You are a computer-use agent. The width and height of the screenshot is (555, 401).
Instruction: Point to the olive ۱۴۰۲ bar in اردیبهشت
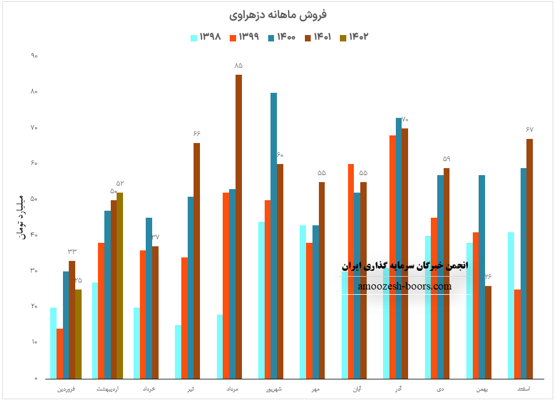click(120, 285)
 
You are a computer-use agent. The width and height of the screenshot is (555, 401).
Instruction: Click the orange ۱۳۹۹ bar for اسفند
click(517, 334)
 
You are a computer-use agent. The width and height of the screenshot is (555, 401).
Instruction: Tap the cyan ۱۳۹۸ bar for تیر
click(178, 351)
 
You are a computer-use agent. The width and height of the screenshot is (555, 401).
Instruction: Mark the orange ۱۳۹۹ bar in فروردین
click(59, 353)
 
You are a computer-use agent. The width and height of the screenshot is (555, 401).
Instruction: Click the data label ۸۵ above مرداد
click(238, 65)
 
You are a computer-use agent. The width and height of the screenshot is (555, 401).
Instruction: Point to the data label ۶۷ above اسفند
click(529, 129)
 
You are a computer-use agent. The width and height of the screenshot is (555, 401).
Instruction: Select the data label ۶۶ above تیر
click(196, 134)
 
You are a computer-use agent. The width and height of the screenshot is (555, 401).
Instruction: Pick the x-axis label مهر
click(315, 388)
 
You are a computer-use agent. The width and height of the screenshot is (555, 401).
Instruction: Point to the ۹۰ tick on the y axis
click(34, 56)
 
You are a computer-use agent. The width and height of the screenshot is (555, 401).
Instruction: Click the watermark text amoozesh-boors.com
click(405, 286)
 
